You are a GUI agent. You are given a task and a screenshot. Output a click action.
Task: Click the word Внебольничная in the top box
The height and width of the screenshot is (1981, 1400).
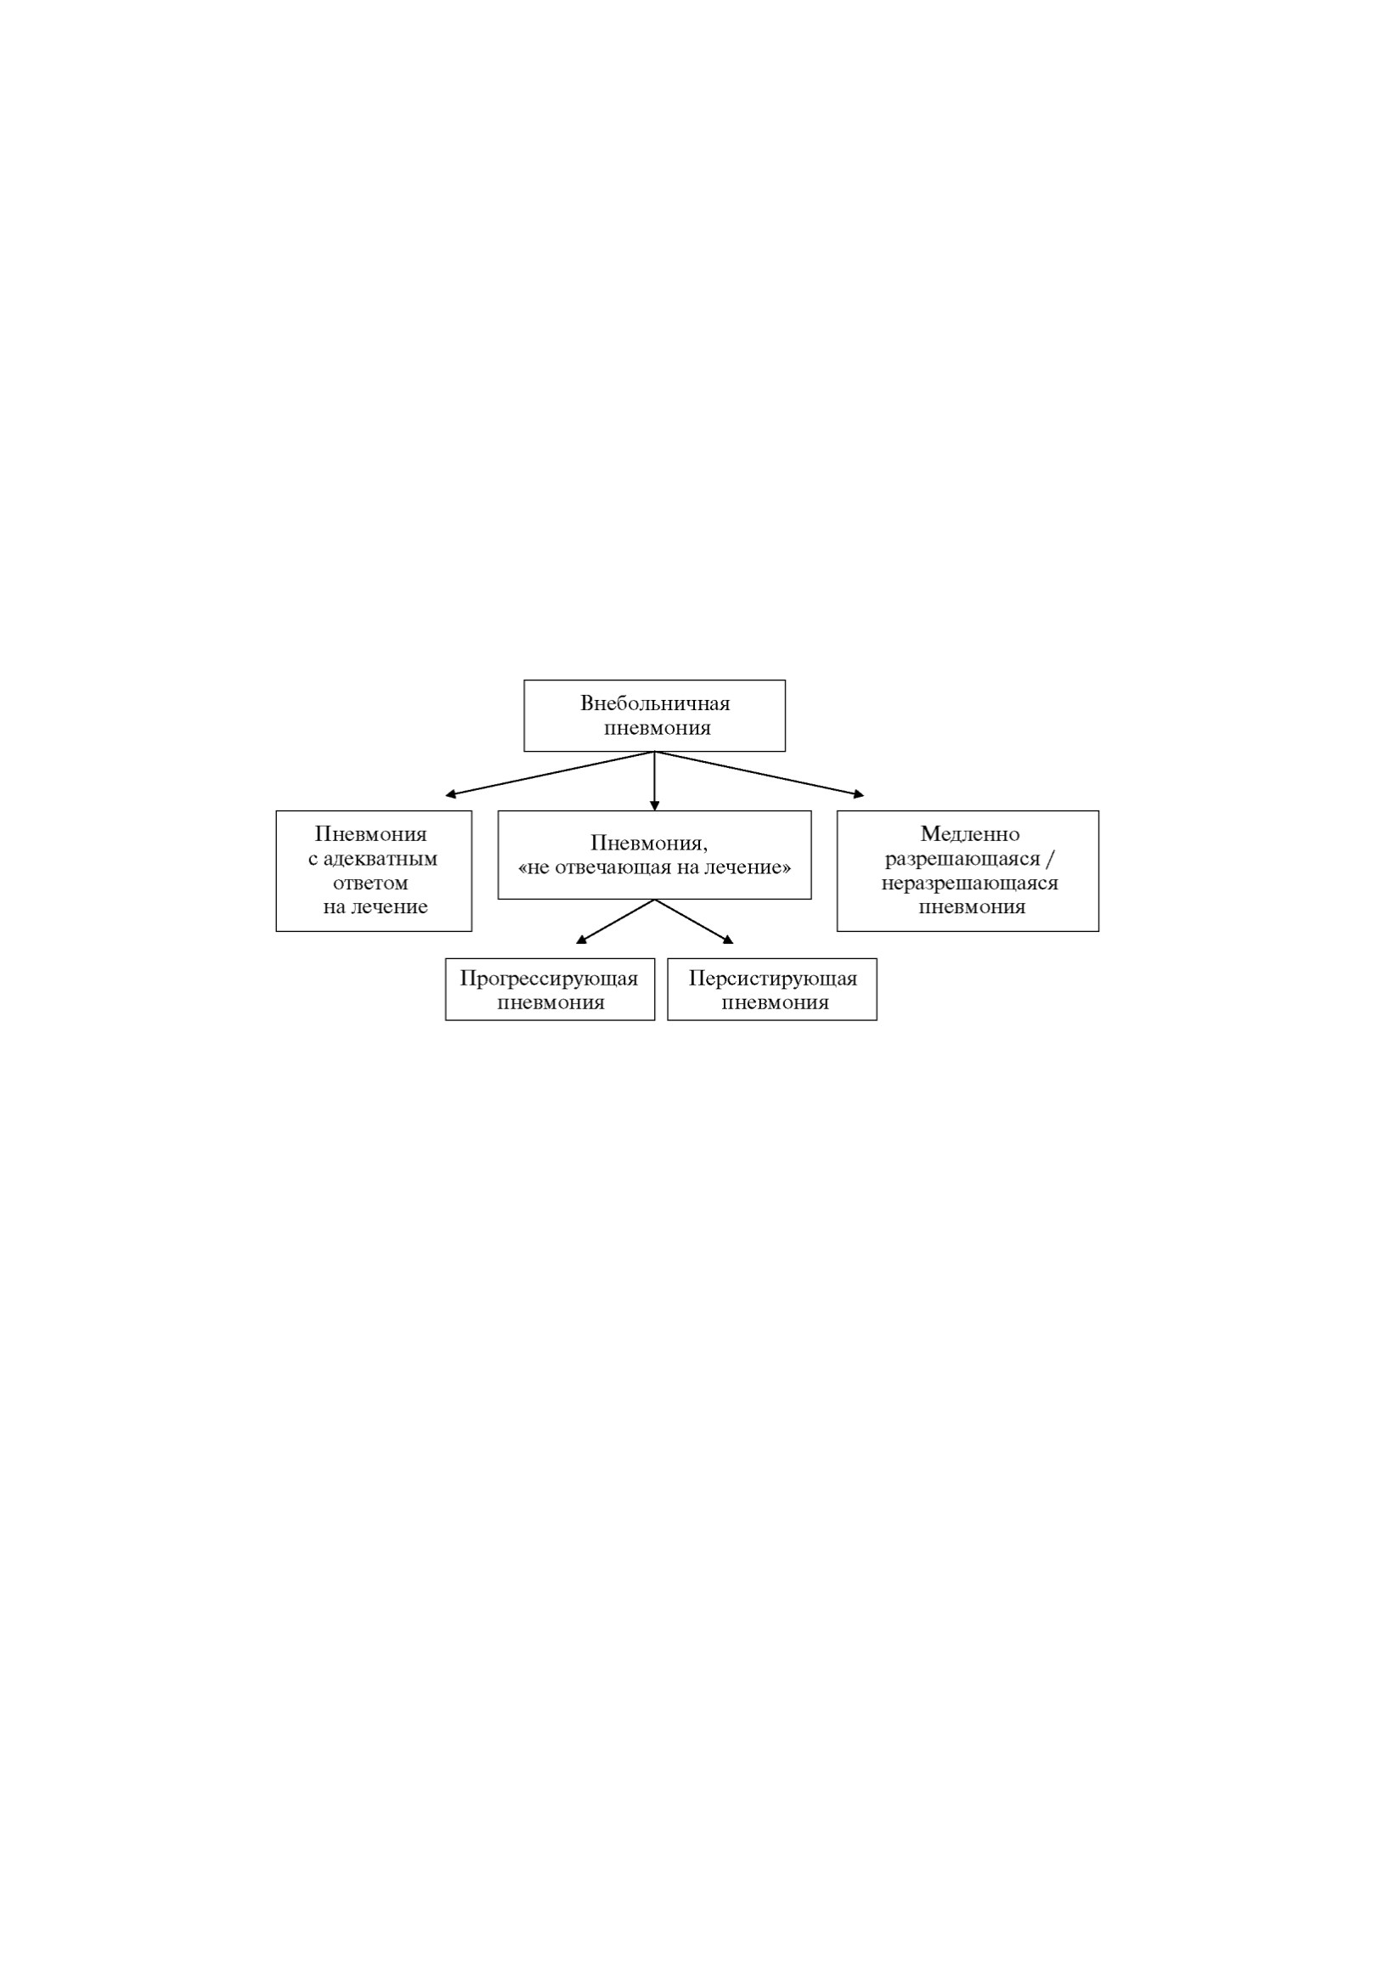(655, 703)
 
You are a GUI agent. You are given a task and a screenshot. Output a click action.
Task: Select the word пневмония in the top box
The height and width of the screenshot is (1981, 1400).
(658, 727)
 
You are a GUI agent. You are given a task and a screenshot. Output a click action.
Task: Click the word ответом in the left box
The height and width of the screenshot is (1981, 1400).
(371, 883)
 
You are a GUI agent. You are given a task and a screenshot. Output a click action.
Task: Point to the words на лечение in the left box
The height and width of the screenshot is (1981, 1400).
(375, 906)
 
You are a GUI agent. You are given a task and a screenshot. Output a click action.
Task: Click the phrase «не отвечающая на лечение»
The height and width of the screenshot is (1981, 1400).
(654, 867)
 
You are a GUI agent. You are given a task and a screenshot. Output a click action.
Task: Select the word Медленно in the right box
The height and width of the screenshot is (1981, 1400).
(969, 834)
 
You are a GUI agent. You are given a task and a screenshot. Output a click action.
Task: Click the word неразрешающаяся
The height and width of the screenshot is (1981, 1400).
(969, 883)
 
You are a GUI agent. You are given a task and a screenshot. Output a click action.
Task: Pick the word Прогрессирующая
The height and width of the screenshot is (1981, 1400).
(550, 979)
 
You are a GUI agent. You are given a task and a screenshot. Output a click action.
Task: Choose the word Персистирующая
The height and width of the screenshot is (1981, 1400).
(773, 979)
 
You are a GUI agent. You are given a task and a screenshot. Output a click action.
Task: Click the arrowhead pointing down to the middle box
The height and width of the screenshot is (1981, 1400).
(655, 806)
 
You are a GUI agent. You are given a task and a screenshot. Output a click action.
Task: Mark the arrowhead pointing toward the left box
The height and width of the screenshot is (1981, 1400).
(450, 794)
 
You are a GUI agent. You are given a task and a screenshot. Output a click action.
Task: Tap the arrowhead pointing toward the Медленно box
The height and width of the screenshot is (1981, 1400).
(858, 794)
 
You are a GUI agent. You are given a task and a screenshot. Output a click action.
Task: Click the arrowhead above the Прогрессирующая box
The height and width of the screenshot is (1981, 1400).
(580, 940)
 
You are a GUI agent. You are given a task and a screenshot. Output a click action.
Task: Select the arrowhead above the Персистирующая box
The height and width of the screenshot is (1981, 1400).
(728, 940)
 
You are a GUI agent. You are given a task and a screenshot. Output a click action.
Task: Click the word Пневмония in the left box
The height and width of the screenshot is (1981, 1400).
(371, 834)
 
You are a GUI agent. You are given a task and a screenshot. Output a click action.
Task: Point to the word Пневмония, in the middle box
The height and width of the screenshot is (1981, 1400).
(650, 843)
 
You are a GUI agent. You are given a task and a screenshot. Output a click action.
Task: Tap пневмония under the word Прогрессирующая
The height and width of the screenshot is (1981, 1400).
(550, 1002)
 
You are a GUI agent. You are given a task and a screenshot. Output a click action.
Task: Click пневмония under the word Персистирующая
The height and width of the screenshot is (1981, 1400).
(775, 1002)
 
